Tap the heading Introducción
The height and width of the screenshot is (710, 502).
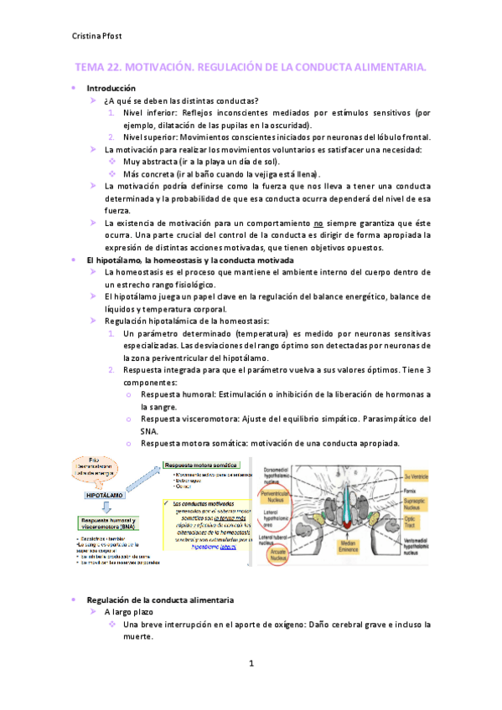(111, 88)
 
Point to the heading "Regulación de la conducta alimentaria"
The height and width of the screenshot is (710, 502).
(160, 600)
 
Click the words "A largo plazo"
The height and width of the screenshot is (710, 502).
(130, 612)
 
